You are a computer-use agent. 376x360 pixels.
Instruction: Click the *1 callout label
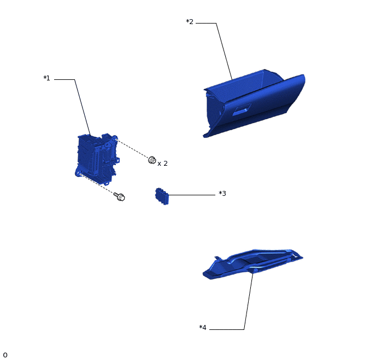pos(47,78)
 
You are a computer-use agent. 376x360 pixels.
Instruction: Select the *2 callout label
pos(190,22)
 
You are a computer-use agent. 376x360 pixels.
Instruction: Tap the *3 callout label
pos(222,194)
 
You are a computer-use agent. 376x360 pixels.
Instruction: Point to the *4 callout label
pos(203,328)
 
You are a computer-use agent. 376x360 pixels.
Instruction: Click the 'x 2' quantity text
pos(162,164)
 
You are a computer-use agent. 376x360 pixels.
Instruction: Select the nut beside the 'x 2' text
pos(152,160)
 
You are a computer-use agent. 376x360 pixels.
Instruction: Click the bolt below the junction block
pos(120,196)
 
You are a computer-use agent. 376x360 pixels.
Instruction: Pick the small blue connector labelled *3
pos(162,196)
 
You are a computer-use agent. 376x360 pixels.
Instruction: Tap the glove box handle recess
pos(242,109)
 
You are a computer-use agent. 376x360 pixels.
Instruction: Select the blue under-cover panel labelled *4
pos(252,264)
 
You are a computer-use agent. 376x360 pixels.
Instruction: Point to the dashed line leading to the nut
pos(132,148)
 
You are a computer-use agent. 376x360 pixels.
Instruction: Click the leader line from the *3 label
pos(192,195)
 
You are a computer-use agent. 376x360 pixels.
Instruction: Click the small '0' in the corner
pos(5,355)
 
